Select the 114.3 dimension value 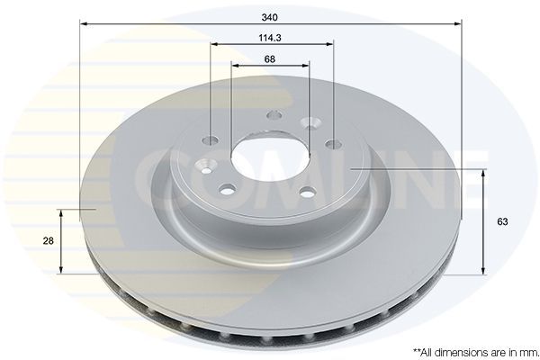pyautogui.click(x=269, y=37)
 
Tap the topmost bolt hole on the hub pyautogui.click(x=274, y=115)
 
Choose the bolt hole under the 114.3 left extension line pyautogui.click(x=211, y=140)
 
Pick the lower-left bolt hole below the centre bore pyautogui.click(x=228, y=189)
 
